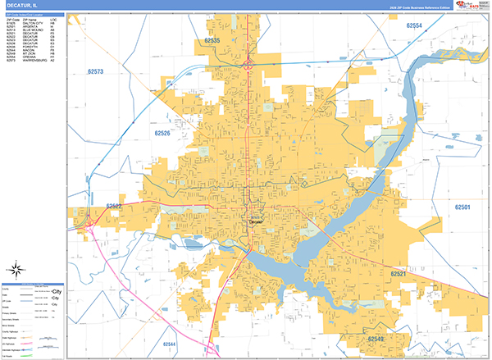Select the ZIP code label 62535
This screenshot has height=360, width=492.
tap(212, 40)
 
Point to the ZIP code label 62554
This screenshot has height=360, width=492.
tap(413, 26)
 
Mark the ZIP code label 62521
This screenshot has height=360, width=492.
tap(399, 274)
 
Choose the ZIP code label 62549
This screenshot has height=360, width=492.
tap(376, 339)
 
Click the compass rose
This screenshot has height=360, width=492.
tap(16, 269)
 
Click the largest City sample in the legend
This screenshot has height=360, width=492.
tap(57, 291)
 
